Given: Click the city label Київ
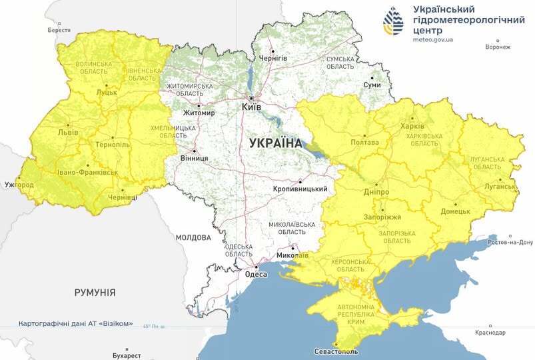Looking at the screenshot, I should [251, 107].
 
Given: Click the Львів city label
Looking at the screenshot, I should [68, 132].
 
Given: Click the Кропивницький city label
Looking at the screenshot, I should [300, 190].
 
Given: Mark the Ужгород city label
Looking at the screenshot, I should [19, 184].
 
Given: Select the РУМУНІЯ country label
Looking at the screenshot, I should [95, 292].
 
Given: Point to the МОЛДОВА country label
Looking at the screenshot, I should [193, 237].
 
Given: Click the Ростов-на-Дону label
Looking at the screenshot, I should [511, 242].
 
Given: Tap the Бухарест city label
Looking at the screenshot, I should [127, 355].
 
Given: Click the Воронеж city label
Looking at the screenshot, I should [498, 47].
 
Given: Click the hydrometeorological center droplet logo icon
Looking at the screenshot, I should [393, 21].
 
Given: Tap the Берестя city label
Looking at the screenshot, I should [59, 31].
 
